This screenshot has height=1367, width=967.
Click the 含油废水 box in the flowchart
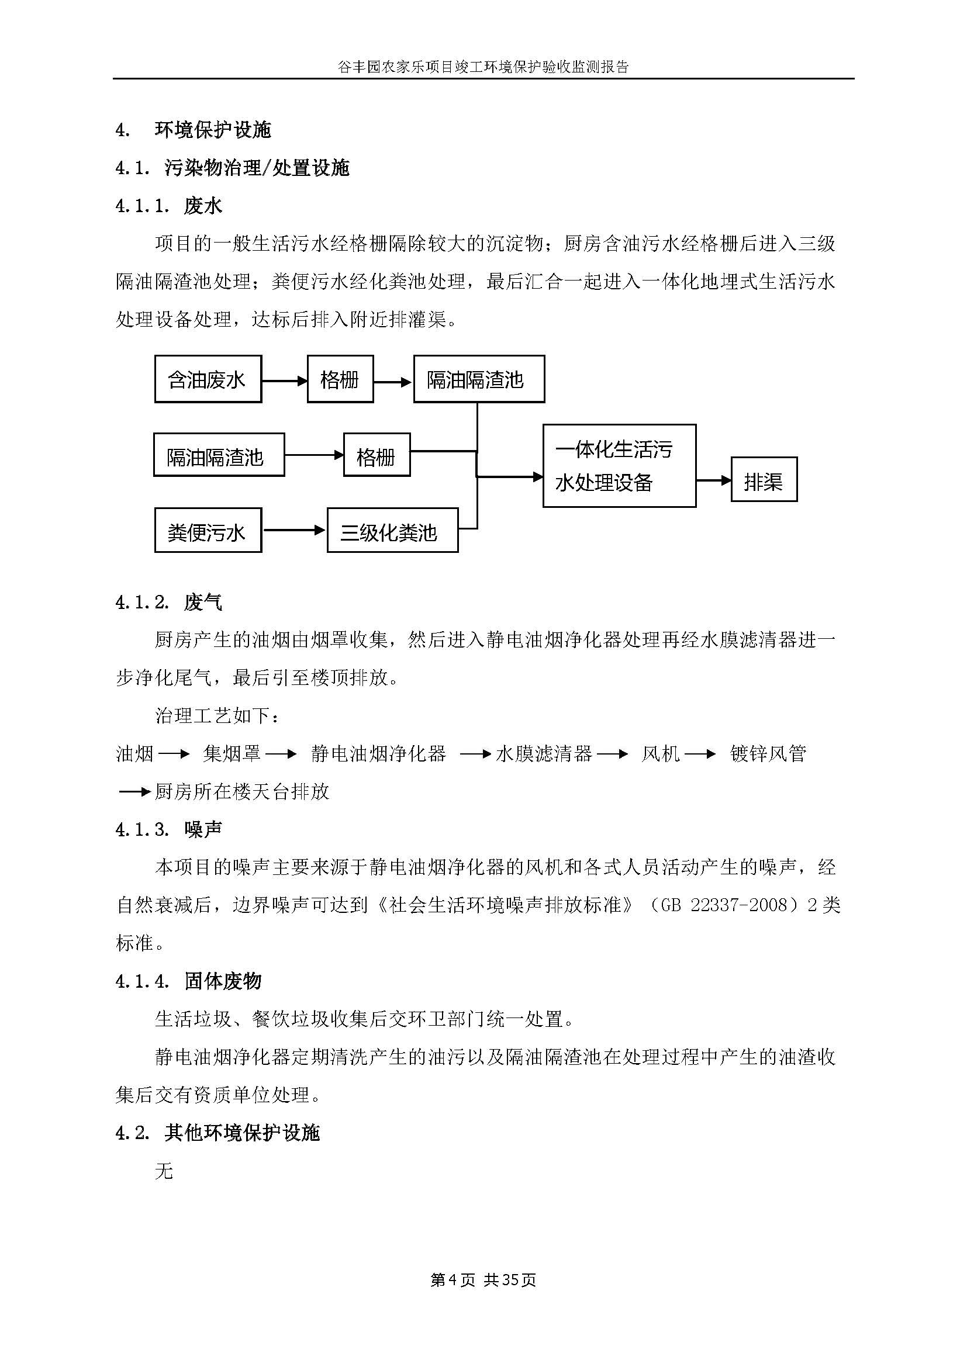208,379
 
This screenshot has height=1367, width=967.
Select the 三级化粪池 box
392,531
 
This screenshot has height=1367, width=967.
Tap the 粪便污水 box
208,531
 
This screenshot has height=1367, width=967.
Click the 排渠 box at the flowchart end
764,480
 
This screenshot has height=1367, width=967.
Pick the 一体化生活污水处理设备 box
619,466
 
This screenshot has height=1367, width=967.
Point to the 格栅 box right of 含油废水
340,379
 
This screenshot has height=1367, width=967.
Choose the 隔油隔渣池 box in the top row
478,379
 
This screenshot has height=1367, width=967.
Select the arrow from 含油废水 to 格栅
284,380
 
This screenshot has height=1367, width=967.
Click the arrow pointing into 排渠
713,480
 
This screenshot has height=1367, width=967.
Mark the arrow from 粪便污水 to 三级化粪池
294,530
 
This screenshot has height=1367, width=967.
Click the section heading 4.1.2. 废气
168,603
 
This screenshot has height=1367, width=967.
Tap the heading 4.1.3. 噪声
168,829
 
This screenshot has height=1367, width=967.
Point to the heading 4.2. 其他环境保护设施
217,1133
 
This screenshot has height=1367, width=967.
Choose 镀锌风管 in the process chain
768,754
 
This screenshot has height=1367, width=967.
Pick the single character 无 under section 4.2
164,1171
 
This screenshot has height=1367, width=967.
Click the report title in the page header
483,67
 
